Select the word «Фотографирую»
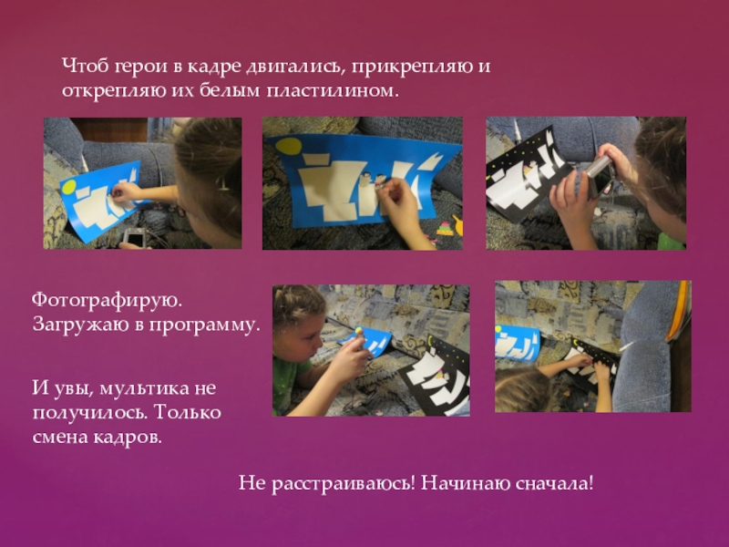pos(107,301)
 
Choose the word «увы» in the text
pos(71,389)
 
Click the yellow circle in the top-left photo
pos(68,188)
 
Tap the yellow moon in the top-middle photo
pos(288,146)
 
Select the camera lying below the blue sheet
pos(135,237)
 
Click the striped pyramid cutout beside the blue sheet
pos(446,229)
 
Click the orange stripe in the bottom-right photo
pos(677,311)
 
